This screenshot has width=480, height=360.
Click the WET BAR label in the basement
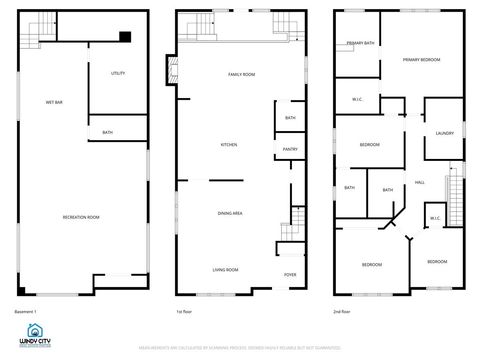[56, 103]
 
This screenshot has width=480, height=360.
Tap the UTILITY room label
[117, 73]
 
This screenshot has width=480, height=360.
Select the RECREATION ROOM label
[81, 217]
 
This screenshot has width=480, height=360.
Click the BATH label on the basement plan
[107, 133]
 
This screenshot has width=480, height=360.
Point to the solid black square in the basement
[124, 37]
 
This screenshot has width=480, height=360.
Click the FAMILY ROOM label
[242, 75]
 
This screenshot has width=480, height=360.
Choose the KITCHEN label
[229, 145]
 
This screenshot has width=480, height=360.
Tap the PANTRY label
[290, 150]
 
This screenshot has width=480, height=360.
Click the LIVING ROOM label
[225, 270]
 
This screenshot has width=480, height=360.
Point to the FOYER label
[290, 274]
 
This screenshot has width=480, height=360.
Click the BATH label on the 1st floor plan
[290, 118]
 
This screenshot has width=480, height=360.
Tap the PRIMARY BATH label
[360, 43]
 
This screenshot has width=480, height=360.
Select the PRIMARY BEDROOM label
[421, 60]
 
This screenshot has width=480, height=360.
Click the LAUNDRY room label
[445, 134]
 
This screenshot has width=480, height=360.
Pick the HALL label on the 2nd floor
[420, 182]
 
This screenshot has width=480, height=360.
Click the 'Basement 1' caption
[28, 312]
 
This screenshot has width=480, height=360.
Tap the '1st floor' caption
[184, 312]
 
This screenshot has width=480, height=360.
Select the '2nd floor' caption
[342, 312]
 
